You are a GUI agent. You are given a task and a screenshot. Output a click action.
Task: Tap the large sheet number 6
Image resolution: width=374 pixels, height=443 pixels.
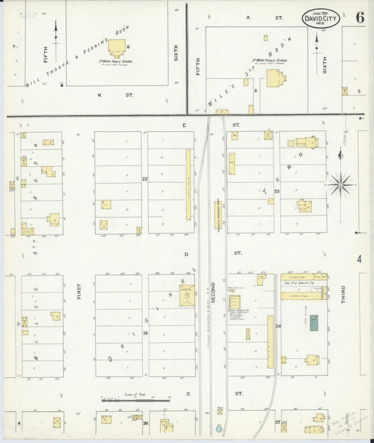pos(359,18)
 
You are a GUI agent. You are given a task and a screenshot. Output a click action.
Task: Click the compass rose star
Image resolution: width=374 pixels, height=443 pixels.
pos(341,184)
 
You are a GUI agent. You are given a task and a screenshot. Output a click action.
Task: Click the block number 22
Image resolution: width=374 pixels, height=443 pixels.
pos(145,179)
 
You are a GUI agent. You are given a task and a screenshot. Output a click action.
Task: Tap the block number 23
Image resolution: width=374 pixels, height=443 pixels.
pos(277,191)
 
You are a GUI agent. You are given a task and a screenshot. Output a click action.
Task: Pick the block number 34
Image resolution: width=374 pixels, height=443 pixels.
pos(278,327)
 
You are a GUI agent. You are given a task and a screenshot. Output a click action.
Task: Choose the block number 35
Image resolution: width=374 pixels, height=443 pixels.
pos(145,333)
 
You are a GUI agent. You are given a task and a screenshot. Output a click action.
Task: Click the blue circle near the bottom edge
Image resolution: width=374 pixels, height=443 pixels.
pos(219,428)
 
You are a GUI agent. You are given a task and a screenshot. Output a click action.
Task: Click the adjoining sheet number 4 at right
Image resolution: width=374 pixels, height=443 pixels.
pos(359,259)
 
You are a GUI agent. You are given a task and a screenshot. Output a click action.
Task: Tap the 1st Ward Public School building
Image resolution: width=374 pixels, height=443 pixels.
pos(116,48)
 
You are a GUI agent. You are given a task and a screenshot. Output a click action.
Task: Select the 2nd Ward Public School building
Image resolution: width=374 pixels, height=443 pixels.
pos(270,78)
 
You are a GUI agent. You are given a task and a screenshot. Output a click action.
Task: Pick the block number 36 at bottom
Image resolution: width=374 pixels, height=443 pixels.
pos(145,423)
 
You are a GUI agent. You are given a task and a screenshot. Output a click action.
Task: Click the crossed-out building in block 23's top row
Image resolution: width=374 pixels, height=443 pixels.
pos(268,135)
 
